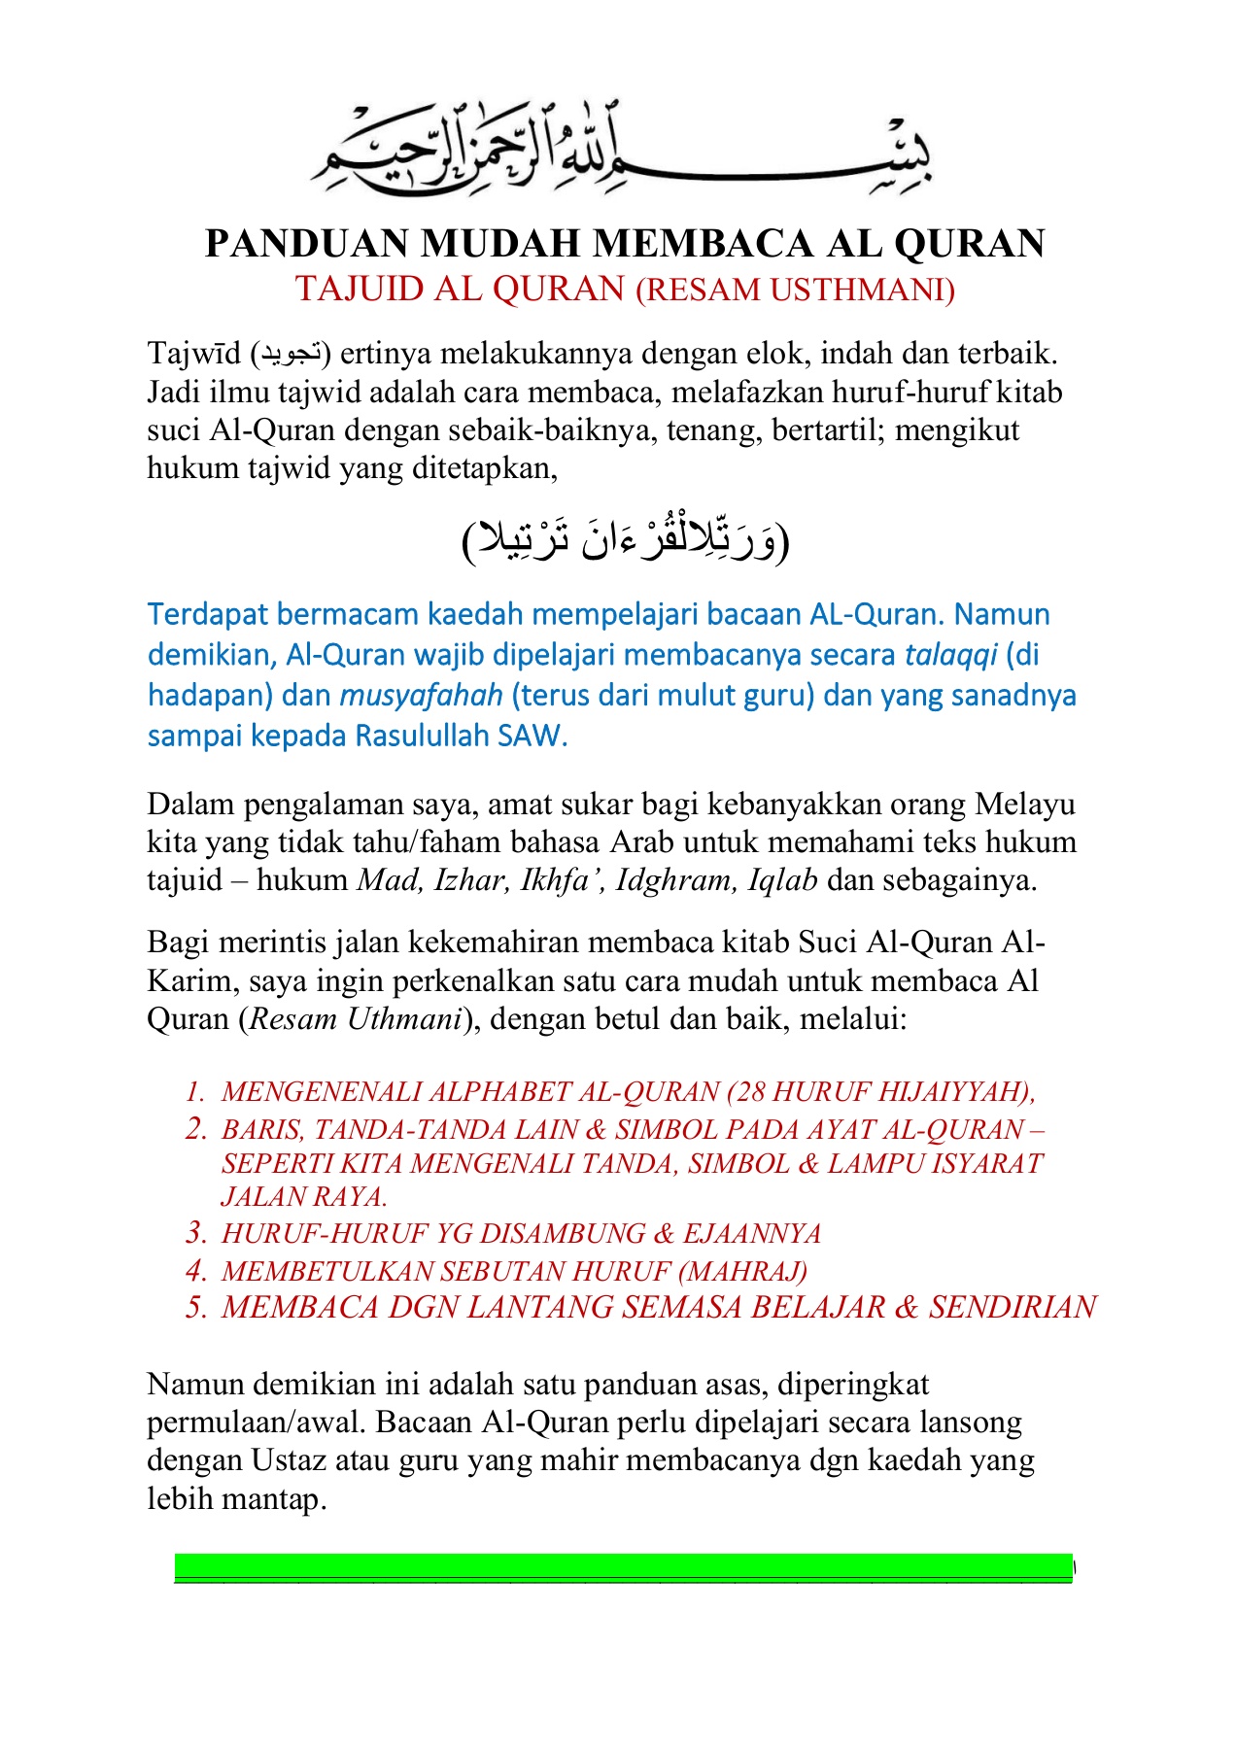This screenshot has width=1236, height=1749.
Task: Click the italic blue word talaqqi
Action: pyautogui.click(x=950, y=655)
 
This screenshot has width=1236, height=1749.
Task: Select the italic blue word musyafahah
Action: pyautogui.click(x=421, y=696)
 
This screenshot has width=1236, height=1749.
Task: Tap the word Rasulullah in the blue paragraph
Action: pyautogui.click(x=422, y=736)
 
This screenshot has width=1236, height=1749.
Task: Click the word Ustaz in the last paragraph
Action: pyautogui.click(x=289, y=1460)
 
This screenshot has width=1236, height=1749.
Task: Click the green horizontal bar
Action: pyautogui.click(x=622, y=1567)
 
